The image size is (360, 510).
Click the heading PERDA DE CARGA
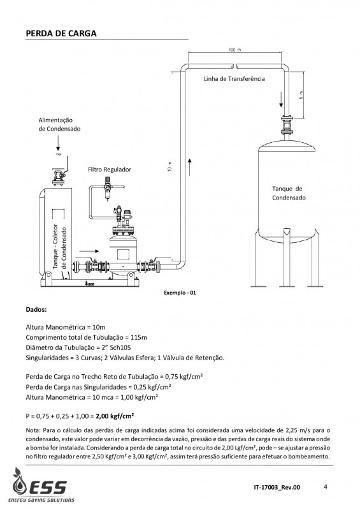click(x=61, y=34)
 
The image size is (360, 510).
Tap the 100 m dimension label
click(x=235, y=50)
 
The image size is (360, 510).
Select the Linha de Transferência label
click(x=234, y=78)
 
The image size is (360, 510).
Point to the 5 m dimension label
click(x=301, y=94)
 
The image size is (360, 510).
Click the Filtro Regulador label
click(x=110, y=170)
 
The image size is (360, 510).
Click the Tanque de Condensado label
click(x=289, y=193)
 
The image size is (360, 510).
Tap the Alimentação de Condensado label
click(x=59, y=124)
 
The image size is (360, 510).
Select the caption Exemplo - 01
click(x=180, y=293)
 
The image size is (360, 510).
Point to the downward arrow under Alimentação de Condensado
click(x=58, y=143)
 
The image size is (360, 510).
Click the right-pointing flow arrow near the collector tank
click(x=89, y=251)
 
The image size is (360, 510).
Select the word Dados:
click(x=36, y=310)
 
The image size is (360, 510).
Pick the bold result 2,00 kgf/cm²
click(x=115, y=416)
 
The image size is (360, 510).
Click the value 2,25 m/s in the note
click(x=297, y=431)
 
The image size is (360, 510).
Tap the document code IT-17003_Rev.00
click(x=277, y=487)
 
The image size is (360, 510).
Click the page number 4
click(x=326, y=486)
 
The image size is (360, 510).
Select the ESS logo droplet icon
click(x=20, y=481)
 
